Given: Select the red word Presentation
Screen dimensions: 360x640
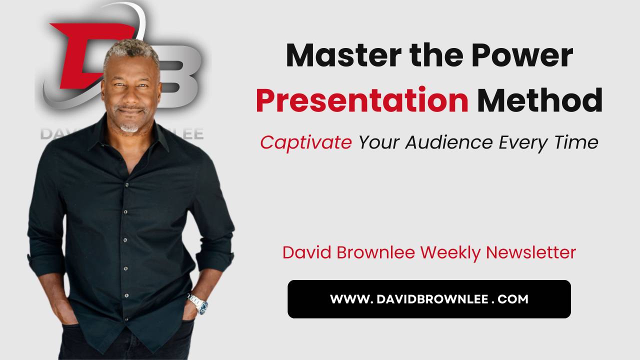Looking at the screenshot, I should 362,100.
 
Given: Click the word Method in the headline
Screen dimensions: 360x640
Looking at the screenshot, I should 539,100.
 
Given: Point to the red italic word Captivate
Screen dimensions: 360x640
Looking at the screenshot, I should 305,143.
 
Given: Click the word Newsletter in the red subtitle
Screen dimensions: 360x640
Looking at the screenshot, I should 531,252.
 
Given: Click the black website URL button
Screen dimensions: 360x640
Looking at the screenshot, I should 429,299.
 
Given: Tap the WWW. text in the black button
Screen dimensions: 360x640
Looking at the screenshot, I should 349,299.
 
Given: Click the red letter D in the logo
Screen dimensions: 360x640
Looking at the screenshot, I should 80,55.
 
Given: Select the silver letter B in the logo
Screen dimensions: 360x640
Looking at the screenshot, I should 180,75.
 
